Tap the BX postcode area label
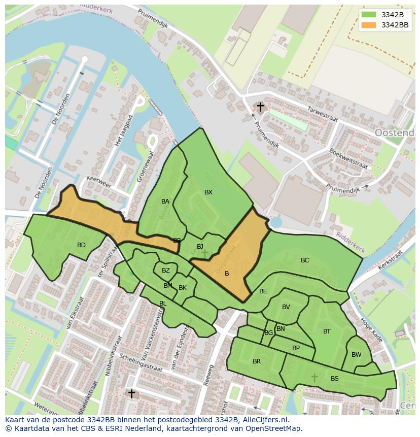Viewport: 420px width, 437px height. tap(208, 192)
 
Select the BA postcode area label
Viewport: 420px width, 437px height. tap(165, 201)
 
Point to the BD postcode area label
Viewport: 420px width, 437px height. tap(81, 245)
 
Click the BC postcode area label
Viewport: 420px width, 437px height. tap(305, 260)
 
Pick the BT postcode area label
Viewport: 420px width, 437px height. tap(327, 331)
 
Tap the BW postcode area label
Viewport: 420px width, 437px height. tap(357, 355)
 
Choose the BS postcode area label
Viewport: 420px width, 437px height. tap(335, 379)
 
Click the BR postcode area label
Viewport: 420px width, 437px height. tap(257, 361)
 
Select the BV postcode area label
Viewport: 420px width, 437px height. tap(286, 307)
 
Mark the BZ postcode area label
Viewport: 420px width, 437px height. tap(166, 271)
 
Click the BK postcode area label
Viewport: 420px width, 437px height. tap(183, 288)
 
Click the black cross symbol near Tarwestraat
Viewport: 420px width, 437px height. tap(260, 107)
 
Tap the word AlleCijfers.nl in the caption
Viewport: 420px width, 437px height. tap(264, 420)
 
